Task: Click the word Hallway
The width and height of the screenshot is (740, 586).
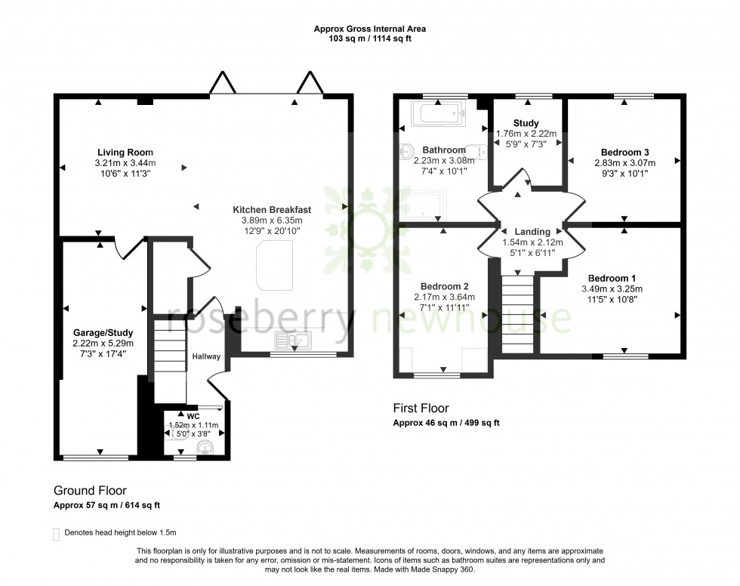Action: point(206,356)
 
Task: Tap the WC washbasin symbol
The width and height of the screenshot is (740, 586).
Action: point(205,449)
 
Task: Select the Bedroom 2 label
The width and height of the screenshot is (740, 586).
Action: point(445,286)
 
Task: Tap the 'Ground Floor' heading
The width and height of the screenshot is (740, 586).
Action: point(90,490)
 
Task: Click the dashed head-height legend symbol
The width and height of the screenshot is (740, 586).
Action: point(57,533)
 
